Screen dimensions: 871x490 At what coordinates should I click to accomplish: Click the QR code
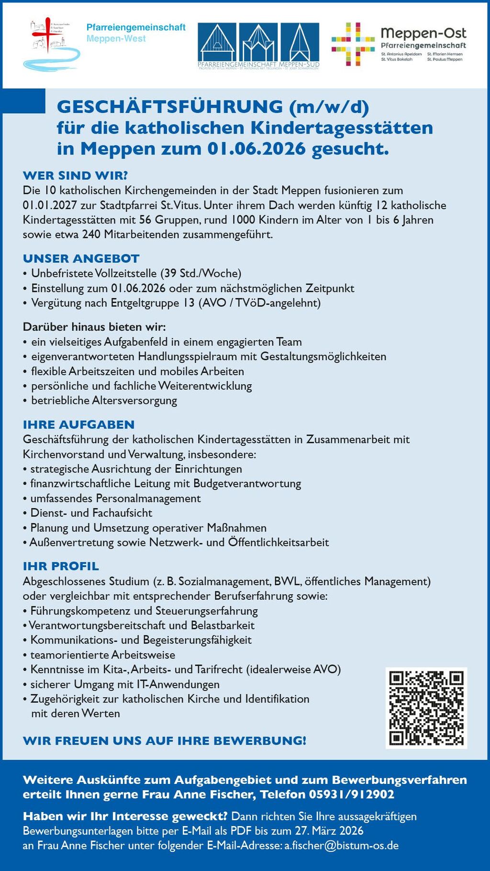(426, 708)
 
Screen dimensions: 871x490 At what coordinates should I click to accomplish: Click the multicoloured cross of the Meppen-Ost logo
(353, 44)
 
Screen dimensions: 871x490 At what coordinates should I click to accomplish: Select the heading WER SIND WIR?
(75, 176)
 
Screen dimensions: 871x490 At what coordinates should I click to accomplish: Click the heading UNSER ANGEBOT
(81, 258)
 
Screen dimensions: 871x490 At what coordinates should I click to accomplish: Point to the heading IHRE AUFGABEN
(78, 424)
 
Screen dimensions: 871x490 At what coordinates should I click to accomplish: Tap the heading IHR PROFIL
(61, 566)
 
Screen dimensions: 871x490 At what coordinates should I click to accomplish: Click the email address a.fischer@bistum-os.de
(341, 845)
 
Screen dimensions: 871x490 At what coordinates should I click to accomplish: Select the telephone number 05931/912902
(352, 794)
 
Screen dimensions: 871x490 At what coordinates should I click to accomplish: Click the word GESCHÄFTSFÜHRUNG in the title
(170, 106)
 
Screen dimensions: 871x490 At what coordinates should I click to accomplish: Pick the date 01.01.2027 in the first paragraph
(46, 205)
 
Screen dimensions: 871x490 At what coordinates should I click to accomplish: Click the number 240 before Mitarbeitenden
(91, 234)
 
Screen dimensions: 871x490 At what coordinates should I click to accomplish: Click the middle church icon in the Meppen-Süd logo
(258, 43)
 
